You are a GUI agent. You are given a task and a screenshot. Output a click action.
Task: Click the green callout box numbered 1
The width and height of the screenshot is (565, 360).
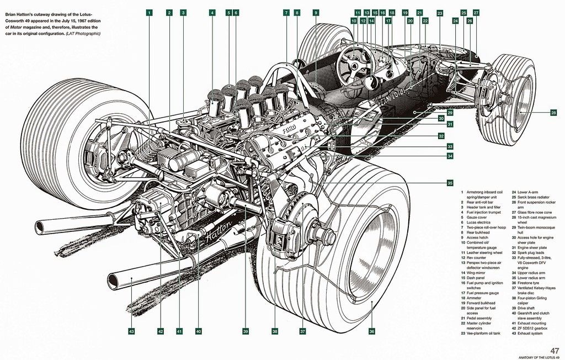pos(150,12)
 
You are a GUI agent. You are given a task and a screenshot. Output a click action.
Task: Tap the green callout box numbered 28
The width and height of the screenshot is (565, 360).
pos(553,113)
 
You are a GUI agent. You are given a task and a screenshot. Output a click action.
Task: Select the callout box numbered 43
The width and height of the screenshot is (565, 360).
pos(131,331)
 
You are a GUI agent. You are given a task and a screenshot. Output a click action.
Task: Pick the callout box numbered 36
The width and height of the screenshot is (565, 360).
pos(372,331)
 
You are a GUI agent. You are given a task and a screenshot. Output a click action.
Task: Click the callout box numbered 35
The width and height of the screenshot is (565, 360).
pos(450,183)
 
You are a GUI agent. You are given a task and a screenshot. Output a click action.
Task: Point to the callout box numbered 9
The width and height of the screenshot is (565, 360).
pos(316,12)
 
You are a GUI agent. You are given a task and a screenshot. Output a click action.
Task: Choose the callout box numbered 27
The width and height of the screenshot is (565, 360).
pos(476,12)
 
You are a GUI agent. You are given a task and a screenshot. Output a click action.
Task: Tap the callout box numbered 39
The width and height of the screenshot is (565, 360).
pos(246,331)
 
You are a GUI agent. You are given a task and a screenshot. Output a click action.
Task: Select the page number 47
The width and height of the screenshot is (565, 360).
pos(555,351)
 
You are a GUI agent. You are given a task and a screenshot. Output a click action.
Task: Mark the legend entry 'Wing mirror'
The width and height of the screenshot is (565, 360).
pos(479,272)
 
